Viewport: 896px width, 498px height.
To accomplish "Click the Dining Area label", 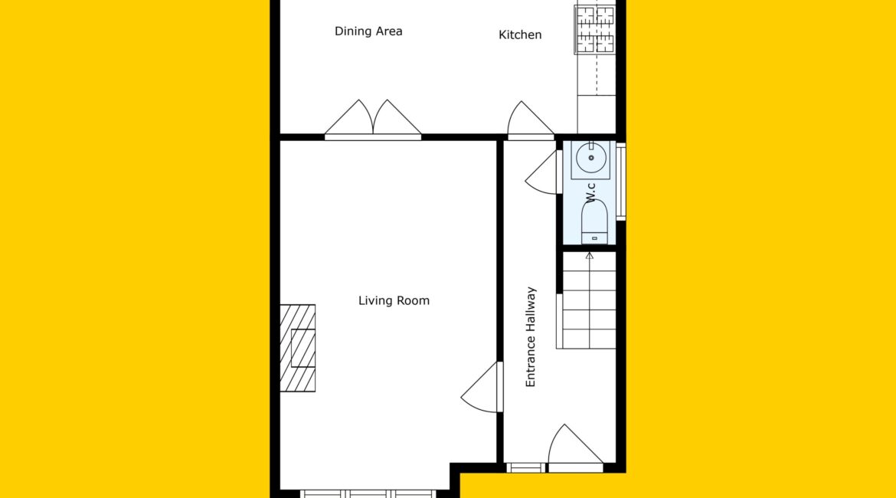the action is [x=368, y=31].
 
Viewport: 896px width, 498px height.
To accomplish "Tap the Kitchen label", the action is [x=520, y=35].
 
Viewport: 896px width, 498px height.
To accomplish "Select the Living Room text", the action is [x=394, y=301].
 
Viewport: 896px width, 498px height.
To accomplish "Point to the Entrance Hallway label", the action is [x=531, y=337].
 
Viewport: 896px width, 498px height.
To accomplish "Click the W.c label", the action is [x=591, y=192].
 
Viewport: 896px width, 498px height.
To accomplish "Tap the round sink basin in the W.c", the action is [x=591, y=158].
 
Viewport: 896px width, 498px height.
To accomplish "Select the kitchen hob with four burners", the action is [x=595, y=28].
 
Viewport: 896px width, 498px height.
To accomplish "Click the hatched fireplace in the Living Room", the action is [x=298, y=348].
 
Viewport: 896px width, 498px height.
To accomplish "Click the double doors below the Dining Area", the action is [x=373, y=119].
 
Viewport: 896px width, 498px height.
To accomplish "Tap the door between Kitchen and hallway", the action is [x=531, y=120].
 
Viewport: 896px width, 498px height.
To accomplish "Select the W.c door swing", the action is [x=541, y=172].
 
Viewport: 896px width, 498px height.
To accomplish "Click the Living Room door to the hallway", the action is [x=482, y=387].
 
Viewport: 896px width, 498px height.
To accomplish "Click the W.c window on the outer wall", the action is [x=620, y=182].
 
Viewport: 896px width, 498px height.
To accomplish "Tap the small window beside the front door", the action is [x=525, y=467].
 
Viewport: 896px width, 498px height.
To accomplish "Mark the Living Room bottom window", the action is [x=368, y=494].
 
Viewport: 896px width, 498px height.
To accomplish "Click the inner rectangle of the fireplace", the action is [x=303, y=348].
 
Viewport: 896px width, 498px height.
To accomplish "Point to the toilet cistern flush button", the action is [x=594, y=238].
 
